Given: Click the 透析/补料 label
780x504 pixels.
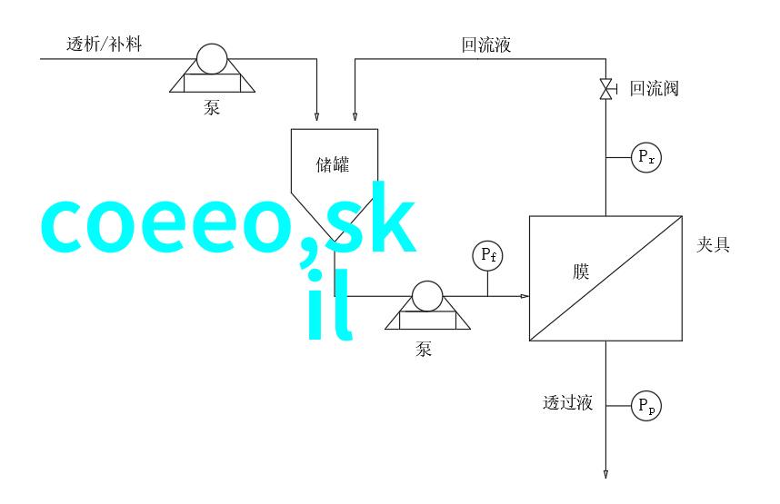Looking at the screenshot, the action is [x=104, y=44].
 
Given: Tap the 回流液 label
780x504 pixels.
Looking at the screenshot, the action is [x=486, y=44].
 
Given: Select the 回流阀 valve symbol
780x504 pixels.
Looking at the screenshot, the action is [x=605, y=89].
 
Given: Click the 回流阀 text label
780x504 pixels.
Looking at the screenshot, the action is [x=655, y=88].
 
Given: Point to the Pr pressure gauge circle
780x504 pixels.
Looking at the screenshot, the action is [x=646, y=157].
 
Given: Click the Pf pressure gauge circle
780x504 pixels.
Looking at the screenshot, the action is [x=487, y=255].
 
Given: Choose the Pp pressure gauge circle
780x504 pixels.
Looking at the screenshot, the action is [x=646, y=406].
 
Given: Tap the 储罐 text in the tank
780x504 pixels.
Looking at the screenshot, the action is [x=333, y=164].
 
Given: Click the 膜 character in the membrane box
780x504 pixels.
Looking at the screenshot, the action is [x=581, y=272].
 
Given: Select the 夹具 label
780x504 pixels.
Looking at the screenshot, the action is [x=713, y=244].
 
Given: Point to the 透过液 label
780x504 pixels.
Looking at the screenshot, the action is [x=567, y=402].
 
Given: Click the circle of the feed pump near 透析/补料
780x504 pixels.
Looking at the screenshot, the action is [x=212, y=59].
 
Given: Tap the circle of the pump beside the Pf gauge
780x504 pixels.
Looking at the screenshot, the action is [x=427, y=296].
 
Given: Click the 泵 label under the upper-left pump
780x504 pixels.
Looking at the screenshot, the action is [x=212, y=107].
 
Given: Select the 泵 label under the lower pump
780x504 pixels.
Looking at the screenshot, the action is [x=424, y=349].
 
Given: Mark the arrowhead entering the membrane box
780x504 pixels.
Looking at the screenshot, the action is [x=525, y=296].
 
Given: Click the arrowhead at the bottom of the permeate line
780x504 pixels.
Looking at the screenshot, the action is [x=605, y=474].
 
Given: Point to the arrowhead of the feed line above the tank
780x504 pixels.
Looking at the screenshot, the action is [x=317, y=116].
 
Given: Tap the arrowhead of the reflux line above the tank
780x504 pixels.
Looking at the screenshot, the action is [x=355, y=116].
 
